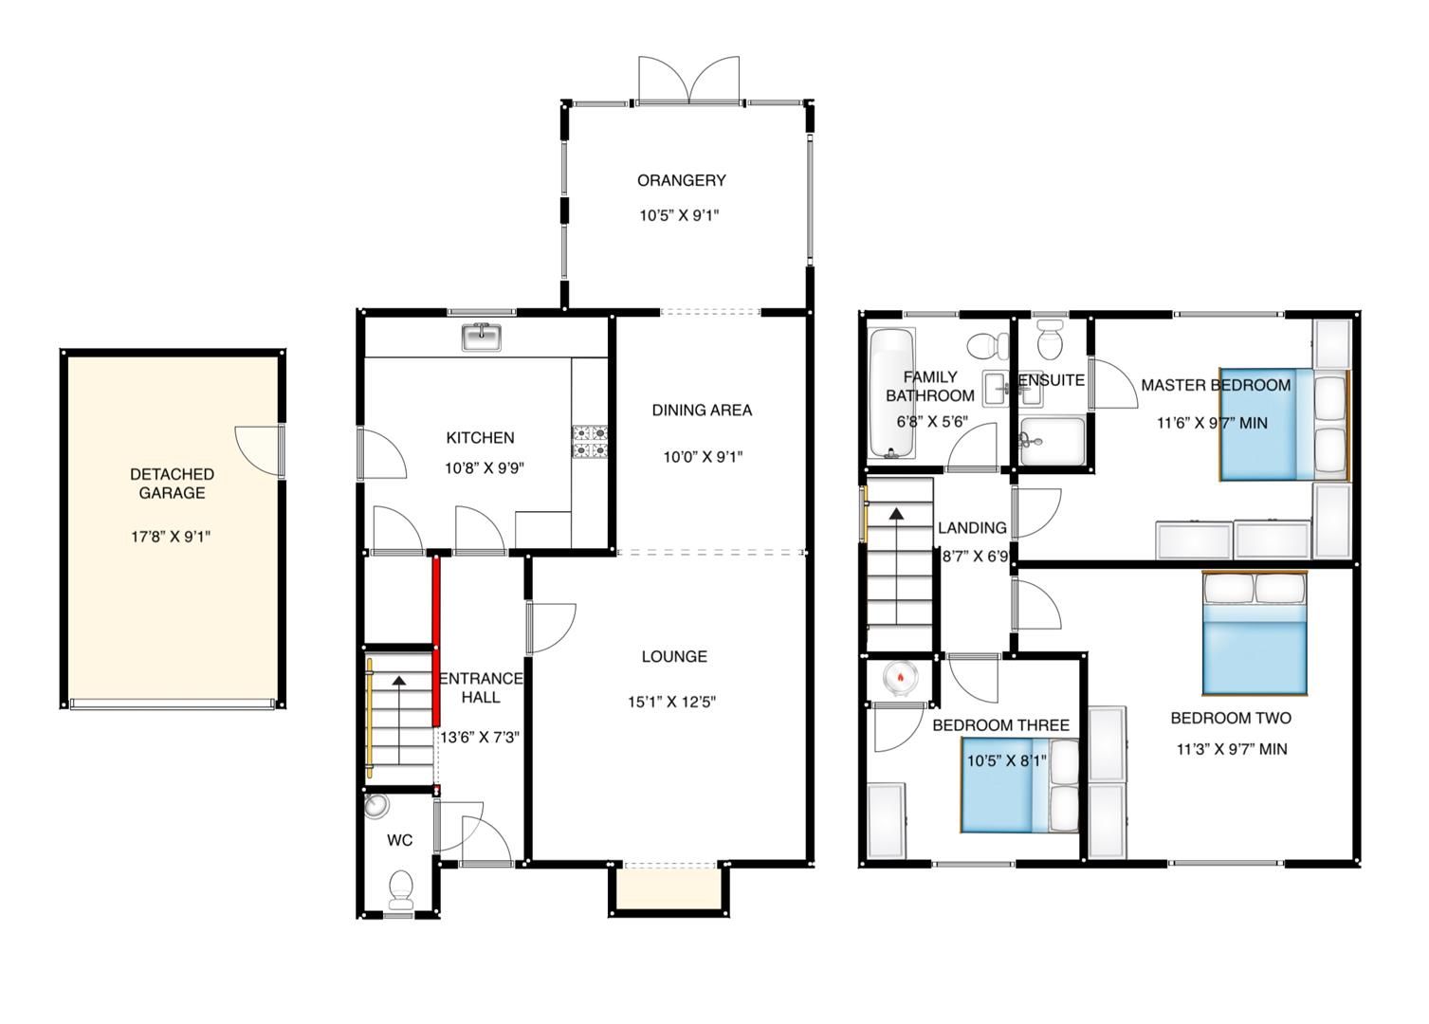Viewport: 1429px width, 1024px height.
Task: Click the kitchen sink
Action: coord(482,337)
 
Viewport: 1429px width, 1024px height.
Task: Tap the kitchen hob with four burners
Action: coord(589,441)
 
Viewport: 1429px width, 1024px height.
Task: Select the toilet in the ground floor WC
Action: coord(402,887)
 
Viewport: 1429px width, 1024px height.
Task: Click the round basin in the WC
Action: coord(376,806)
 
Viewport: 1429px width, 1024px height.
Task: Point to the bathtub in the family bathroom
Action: coord(891,393)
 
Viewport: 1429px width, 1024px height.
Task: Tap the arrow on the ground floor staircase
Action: coord(399,680)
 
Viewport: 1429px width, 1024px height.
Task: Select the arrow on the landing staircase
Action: coord(895,514)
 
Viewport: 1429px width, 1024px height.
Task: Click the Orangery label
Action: coord(681,180)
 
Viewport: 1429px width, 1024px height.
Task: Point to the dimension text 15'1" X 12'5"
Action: coord(671,703)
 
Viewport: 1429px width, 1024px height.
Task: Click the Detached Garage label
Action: coord(172,484)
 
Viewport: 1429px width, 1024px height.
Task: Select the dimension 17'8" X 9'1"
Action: coord(171,537)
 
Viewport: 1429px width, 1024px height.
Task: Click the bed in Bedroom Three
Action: coord(1019,786)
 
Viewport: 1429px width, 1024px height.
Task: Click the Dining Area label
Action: coord(702,411)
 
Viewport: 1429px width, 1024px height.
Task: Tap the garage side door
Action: coord(259,449)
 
